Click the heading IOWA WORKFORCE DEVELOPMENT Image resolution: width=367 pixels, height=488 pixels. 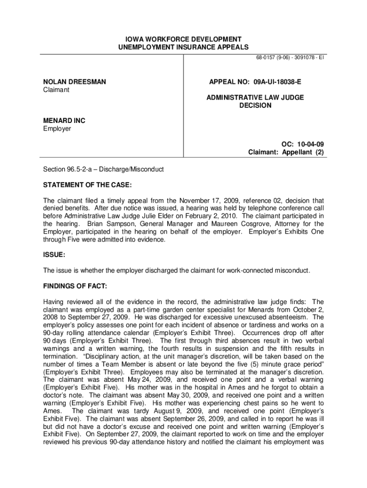coord(183,39)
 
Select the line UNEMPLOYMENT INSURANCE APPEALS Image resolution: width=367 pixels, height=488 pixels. coord(183,47)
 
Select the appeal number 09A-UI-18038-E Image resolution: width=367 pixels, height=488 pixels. coord(275,82)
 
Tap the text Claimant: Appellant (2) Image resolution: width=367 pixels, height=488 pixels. coord(286,152)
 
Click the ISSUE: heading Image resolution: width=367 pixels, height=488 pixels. coord(54,255)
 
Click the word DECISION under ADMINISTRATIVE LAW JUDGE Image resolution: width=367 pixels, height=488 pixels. coord(255,105)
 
